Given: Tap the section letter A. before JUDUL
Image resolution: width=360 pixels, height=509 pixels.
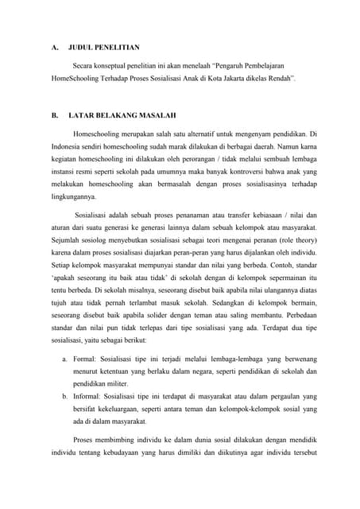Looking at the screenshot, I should coord(46,47).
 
